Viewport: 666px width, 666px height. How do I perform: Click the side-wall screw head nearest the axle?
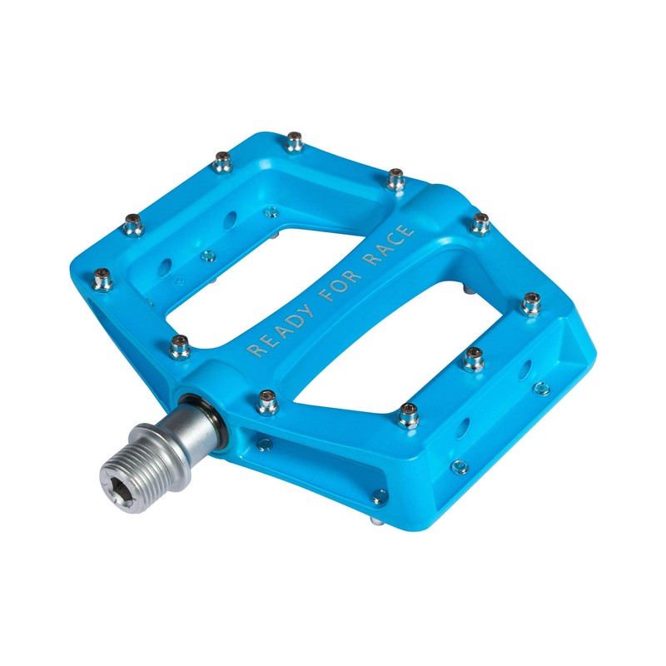point(264,444)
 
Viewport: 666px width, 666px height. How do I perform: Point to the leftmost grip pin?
point(103,280)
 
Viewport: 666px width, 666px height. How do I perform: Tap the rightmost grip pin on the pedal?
point(531,304)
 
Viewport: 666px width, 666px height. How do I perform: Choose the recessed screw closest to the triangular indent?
point(539,388)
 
